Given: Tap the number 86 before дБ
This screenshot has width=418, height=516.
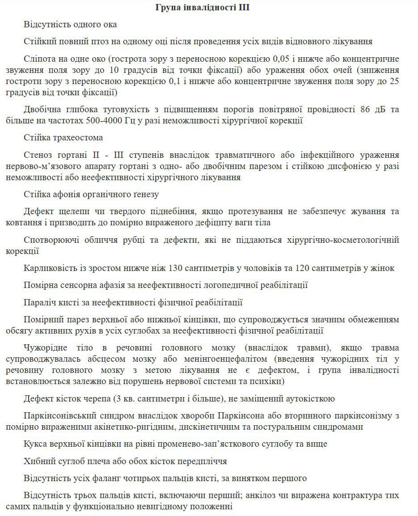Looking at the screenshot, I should click(x=365, y=110).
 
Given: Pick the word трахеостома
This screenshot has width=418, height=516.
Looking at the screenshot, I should click(x=77, y=138).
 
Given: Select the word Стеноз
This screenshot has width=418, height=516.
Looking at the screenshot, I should click(x=38, y=155).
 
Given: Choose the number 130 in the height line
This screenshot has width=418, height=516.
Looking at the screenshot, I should click(x=176, y=268).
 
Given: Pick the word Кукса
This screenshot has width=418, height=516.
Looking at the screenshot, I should click(x=36, y=444).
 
